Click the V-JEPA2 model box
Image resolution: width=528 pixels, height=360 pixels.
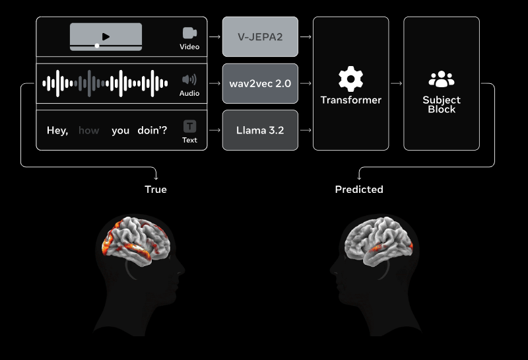pos(260,37)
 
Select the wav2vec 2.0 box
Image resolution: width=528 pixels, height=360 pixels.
pos(260,84)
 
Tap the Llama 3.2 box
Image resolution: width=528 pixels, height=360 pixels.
pos(260,130)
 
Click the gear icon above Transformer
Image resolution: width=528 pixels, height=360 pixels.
pos(350,79)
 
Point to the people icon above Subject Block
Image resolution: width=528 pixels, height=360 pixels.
pos(442,80)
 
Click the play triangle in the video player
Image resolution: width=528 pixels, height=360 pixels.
pos(106,37)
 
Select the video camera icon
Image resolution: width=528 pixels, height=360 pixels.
pos(190,33)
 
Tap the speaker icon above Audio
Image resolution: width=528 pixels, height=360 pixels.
pos(189,80)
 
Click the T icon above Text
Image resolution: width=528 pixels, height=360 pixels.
pos(189,126)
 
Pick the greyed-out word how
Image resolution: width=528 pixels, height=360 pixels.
pos(89,131)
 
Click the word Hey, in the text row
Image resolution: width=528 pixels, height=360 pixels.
pos(57,131)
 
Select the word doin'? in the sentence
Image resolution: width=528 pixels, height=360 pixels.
pos(152,131)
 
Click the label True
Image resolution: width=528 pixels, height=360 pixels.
pos(156,190)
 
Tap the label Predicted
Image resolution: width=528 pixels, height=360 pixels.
pos(359,190)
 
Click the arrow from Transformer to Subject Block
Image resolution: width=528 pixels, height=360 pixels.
pos(396,83)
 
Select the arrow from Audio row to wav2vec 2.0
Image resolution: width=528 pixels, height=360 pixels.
pos(214,83)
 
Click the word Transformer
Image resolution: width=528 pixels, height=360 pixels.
pos(350,100)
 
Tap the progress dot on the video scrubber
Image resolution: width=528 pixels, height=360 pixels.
pos(98,46)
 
